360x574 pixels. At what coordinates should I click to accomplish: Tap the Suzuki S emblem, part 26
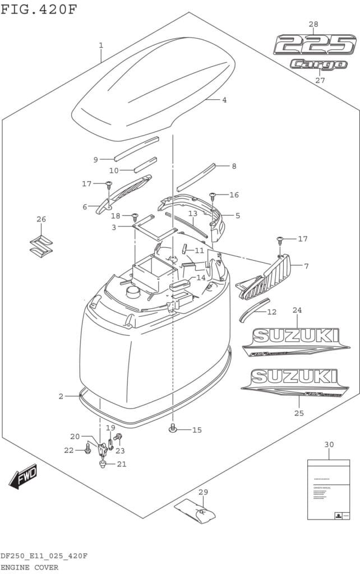tap(41, 245)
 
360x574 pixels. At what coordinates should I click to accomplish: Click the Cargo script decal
tap(319, 64)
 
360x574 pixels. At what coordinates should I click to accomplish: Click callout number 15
tap(196, 430)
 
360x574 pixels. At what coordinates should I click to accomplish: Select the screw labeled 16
tap(213, 196)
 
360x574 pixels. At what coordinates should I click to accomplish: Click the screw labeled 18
tap(135, 216)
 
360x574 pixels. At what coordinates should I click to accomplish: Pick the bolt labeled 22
tap(87, 450)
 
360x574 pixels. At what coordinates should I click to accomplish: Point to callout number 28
tap(313, 24)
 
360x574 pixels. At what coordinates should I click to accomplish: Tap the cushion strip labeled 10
tap(145, 164)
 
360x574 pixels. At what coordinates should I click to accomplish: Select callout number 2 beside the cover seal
tap(61, 396)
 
